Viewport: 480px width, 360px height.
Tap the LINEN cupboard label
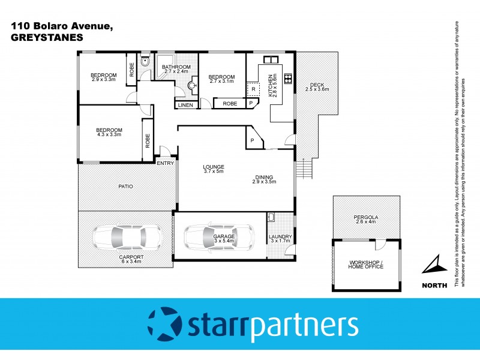pos(185,105)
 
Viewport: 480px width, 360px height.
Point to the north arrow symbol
pos(435,264)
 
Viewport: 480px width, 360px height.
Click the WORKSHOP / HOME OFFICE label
pos(365,263)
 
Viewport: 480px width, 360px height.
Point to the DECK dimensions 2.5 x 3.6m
pos(317,89)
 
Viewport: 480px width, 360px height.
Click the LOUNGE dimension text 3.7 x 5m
pos(213,171)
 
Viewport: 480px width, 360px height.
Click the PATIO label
pos(125,187)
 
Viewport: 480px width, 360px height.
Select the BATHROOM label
pos(176,67)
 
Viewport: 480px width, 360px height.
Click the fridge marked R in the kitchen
pos(254,89)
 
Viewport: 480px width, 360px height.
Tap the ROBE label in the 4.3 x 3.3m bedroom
pos(148,140)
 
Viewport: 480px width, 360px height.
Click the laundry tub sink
pos(271,218)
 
